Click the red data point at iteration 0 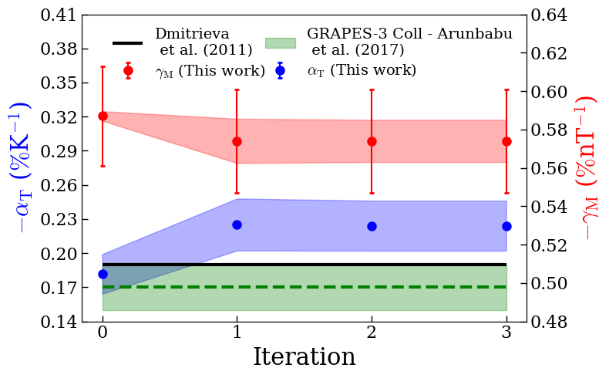(x=103, y=116)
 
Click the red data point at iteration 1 (x=237, y=141)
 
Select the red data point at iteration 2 (x=372, y=141)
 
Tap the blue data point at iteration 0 (x=103, y=274)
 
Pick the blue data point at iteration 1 (x=237, y=224)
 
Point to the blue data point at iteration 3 (x=506, y=226)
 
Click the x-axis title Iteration (x=304, y=357)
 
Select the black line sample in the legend (x=127, y=43)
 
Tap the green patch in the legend (x=280, y=43)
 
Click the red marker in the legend (x=128, y=70)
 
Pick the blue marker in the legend (x=281, y=70)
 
